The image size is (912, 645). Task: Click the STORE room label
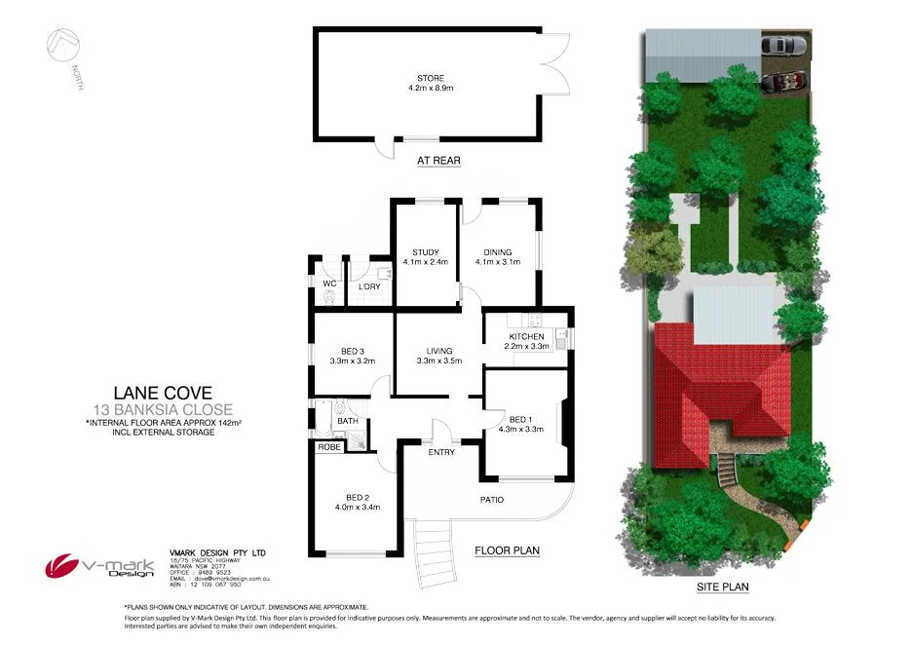(x=431, y=77)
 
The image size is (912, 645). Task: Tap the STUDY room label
(x=425, y=252)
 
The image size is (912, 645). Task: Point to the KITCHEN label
(x=527, y=337)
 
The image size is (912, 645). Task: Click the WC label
(x=329, y=284)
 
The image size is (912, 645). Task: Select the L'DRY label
(x=368, y=286)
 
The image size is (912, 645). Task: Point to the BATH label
(x=348, y=422)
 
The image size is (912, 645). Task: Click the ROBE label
(x=328, y=447)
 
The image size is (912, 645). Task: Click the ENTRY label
(x=442, y=452)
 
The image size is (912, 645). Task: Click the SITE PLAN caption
(x=722, y=588)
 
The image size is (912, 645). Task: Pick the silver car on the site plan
(x=784, y=45)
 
